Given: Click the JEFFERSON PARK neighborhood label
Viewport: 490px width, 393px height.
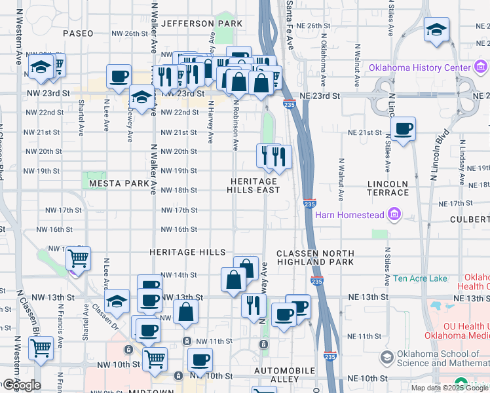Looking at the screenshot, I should [x=202, y=24].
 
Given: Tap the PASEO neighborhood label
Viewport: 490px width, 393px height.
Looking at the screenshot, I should [x=79, y=33].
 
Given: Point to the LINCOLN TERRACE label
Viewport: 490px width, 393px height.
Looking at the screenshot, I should [x=388, y=188].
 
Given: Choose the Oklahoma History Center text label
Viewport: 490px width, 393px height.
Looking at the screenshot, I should [x=420, y=68].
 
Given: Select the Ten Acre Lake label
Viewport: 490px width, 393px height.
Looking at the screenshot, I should [x=420, y=278].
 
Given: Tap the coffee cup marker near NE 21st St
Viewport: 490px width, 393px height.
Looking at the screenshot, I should [x=403, y=128].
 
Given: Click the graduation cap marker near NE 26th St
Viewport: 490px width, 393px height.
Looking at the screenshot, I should [x=436, y=30].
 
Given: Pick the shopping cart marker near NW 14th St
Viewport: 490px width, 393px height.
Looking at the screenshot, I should [x=78, y=258].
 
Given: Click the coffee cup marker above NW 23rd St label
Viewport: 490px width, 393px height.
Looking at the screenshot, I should [x=119, y=76].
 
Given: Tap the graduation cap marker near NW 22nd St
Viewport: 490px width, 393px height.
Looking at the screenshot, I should [x=141, y=97].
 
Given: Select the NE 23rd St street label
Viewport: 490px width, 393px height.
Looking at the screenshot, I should [x=320, y=96].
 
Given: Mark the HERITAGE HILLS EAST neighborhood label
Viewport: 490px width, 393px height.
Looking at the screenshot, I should [x=254, y=185].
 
